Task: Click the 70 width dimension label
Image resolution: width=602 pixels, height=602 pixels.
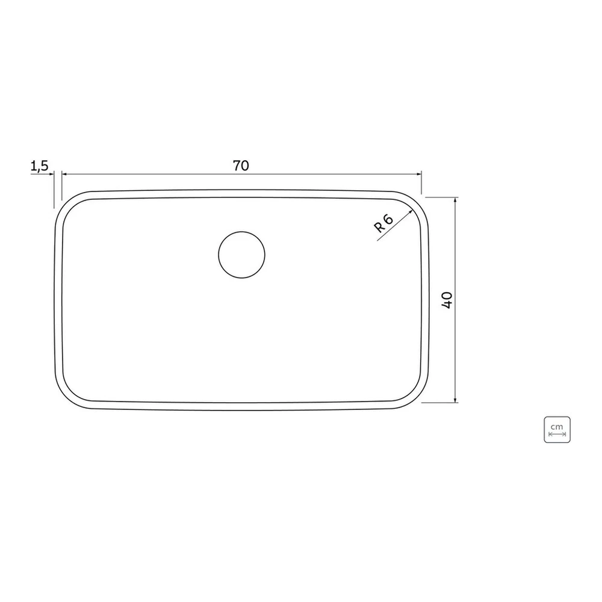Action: tap(241, 166)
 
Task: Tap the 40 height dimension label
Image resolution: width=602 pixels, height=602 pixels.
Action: tap(447, 300)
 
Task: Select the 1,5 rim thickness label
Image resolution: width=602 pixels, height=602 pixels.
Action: tap(39, 166)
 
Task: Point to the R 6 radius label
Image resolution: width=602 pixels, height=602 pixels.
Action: tap(383, 224)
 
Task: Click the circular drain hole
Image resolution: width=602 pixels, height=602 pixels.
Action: tap(241, 255)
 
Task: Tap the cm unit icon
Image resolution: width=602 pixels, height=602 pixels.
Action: tap(557, 430)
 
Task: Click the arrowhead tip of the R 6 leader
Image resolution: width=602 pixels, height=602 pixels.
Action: tap(412, 209)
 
